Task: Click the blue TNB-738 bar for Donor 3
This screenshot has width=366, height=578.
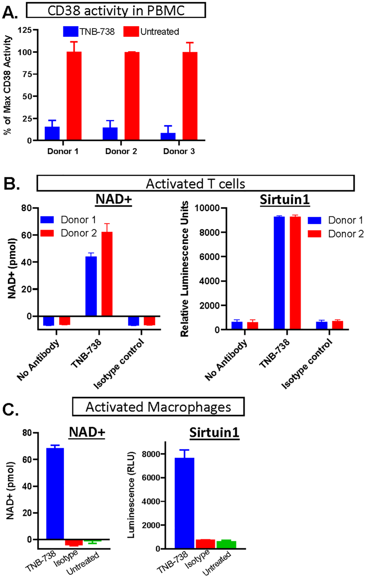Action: [x=168, y=136]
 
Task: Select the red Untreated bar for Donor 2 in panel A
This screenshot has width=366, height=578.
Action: [x=132, y=96]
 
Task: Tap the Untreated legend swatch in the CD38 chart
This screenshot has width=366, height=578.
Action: [x=131, y=32]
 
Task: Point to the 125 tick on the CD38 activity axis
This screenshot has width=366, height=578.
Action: [x=25, y=30]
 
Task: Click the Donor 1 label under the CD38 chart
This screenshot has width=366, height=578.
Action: [x=63, y=151]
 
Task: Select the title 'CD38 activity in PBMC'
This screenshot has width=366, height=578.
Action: [x=116, y=11]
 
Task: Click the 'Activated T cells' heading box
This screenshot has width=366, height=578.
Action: [x=195, y=183]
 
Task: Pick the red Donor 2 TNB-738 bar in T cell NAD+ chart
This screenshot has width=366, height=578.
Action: [x=107, y=274]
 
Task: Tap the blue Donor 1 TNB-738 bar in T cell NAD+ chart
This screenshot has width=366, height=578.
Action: [x=91, y=286]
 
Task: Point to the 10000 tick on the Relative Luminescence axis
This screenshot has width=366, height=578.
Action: [x=207, y=208]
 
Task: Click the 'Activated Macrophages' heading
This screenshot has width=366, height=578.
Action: [x=158, y=407]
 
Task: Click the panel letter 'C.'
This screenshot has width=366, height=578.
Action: [x=10, y=410]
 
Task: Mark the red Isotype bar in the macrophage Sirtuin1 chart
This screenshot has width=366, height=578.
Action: [x=205, y=544]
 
